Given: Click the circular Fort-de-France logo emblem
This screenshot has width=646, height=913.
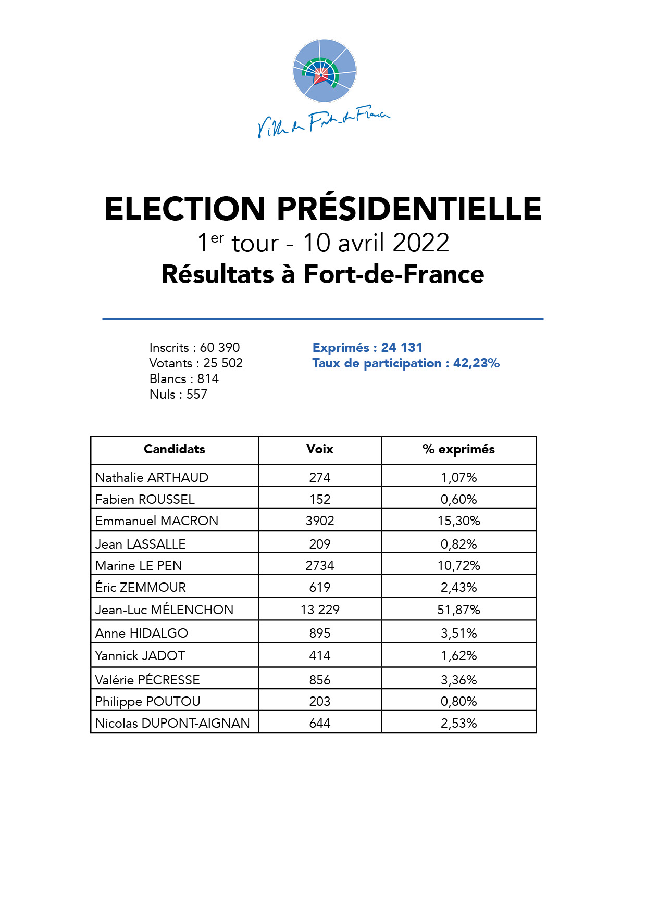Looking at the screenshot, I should click(x=325, y=70).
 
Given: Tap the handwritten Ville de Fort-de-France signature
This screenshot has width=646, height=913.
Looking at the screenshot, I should click(x=324, y=123).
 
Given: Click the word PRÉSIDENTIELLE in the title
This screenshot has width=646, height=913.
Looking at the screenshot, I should click(x=409, y=209).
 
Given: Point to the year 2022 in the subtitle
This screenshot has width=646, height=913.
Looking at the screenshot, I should click(x=421, y=243).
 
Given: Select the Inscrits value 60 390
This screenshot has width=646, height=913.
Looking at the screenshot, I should click(x=220, y=348).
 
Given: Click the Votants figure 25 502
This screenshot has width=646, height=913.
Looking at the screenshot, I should click(x=223, y=363).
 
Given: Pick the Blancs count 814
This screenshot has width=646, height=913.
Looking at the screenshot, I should click(x=208, y=379).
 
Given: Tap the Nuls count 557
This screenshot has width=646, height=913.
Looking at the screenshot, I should click(x=197, y=395).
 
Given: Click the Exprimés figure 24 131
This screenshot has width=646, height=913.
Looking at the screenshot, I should click(x=402, y=348).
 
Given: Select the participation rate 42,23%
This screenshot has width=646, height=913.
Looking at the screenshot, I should click(x=476, y=363).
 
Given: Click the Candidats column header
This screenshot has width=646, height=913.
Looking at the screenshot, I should click(x=175, y=449).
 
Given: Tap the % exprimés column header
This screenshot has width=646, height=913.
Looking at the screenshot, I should click(x=458, y=449).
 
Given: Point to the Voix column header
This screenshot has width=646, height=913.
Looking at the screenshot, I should click(x=320, y=449).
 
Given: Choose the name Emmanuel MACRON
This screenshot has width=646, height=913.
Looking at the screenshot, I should click(x=157, y=521).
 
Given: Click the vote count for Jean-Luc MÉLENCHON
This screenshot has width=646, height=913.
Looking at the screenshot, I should click(x=320, y=610).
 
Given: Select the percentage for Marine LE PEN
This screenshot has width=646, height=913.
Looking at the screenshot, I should click(x=458, y=566).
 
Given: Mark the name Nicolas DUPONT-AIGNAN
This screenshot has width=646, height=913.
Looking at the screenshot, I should click(x=172, y=723).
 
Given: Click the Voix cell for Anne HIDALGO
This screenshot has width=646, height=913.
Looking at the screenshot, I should click(x=320, y=633).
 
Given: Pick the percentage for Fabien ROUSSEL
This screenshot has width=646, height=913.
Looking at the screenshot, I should click(x=458, y=500).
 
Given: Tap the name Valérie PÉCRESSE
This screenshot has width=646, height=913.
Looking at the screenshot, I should click(x=147, y=680).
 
